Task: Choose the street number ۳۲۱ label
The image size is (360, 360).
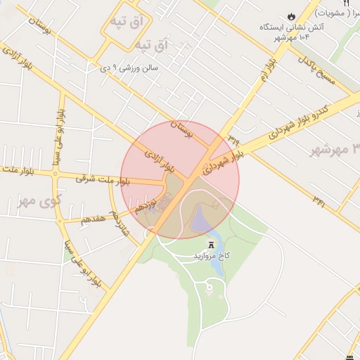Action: [319, 201]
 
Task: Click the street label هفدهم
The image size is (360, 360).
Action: [93, 219]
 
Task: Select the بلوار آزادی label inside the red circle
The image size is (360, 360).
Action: [160, 161]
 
